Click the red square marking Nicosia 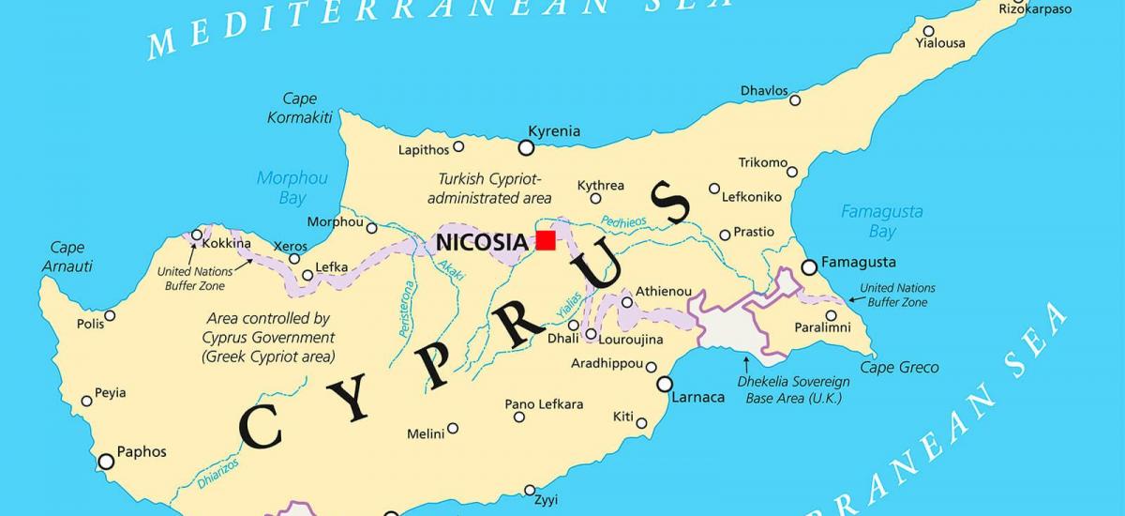coord(546,240)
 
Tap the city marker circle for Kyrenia coord(526,147)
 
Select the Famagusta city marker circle coord(809,268)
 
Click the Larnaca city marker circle coord(665,384)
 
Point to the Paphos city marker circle coord(106,461)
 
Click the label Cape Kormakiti coord(300,108)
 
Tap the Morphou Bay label coord(292,187)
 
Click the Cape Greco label coord(899,368)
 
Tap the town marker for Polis coord(110,315)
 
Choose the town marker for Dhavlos coord(795,99)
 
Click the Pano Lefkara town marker coord(519,417)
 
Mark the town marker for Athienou coord(627,302)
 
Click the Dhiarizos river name coord(217,473)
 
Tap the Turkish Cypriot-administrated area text coord(489,188)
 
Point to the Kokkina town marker coord(197,235)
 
